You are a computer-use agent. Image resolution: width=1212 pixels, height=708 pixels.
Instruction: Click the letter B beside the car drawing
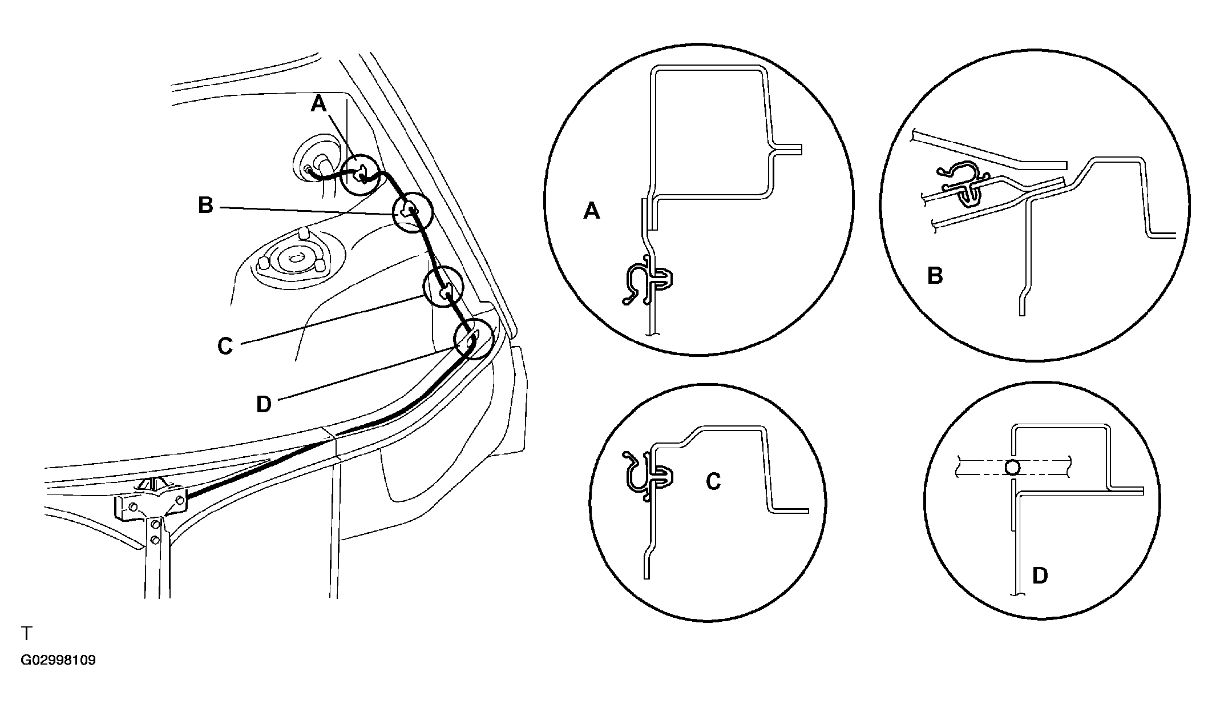[205, 205]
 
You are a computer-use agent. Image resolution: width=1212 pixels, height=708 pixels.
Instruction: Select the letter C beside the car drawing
[225, 346]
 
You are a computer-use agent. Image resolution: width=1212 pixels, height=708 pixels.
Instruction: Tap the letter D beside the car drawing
[264, 404]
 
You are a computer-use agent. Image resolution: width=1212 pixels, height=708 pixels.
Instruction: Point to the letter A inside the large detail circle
[592, 212]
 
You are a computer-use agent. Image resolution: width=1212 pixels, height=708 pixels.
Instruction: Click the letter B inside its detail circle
[935, 276]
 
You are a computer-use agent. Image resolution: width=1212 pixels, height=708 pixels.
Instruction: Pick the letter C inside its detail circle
[713, 481]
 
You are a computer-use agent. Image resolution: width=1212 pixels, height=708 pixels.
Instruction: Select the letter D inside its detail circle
[1040, 576]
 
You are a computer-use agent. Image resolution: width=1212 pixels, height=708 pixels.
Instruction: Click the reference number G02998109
[58, 661]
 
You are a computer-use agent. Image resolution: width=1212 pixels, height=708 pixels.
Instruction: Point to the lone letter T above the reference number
[26, 633]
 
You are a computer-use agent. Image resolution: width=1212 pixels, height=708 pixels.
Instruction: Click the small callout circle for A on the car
[359, 175]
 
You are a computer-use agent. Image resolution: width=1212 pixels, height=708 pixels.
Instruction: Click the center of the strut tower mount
[295, 259]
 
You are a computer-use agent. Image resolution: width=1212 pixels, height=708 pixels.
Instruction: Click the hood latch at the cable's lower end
[151, 502]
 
